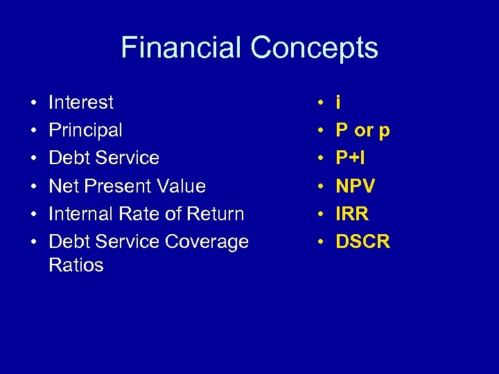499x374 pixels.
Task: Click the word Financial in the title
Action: [x=182, y=48]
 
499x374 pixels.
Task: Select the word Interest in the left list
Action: [x=81, y=103]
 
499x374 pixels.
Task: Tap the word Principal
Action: [x=85, y=130]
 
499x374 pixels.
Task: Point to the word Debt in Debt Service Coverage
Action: [x=67, y=242]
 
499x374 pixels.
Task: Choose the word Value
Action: [x=182, y=186]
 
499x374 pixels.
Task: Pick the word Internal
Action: [x=80, y=214]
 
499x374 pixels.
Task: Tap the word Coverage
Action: [x=206, y=242]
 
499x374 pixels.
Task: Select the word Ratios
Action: [x=76, y=265]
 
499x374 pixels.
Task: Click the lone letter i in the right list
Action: [x=338, y=103]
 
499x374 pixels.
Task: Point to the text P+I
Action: [x=350, y=159]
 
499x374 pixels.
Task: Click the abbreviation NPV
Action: [x=356, y=186]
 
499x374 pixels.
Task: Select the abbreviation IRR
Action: [x=352, y=214]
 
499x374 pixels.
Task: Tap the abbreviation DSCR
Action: [x=362, y=242]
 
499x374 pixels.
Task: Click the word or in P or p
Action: [x=363, y=131]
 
